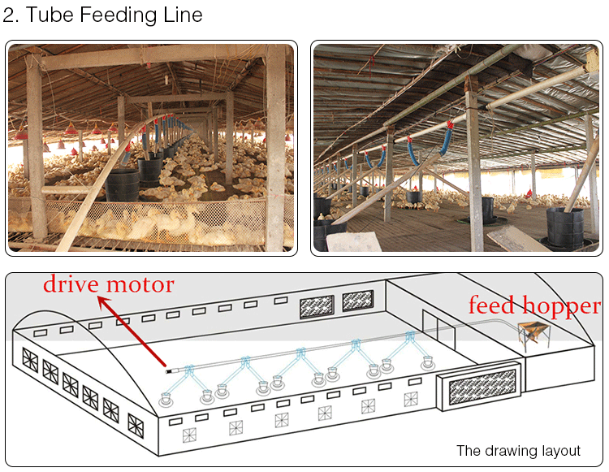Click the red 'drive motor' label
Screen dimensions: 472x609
point(108,284)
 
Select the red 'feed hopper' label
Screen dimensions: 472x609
point(533,306)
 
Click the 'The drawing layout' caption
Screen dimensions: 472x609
point(518,451)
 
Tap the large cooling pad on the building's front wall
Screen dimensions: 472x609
point(482,388)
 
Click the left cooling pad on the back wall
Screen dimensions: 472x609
point(317,306)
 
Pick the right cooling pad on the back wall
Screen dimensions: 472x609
point(358,301)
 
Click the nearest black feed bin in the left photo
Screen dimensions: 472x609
point(123,184)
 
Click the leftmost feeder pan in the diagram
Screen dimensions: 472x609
point(167,399)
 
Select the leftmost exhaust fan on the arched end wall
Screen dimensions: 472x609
point(30,360)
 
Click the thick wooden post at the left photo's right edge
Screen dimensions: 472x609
point(276,146)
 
